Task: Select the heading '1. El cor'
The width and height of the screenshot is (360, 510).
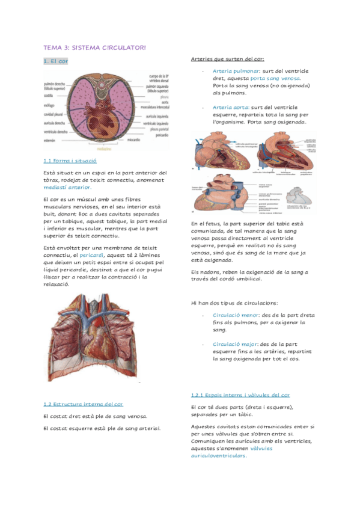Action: (55, 61)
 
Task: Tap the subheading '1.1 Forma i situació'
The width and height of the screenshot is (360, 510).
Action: (70, 161)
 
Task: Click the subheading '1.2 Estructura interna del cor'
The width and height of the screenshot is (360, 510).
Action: (84, 404)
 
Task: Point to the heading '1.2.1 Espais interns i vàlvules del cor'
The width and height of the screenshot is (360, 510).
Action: (240, 395)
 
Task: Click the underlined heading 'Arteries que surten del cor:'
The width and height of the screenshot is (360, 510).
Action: (227, 59)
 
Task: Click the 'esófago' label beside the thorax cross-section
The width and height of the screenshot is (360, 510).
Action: (49, 105)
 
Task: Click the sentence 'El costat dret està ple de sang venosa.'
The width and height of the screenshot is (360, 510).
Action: (96, 416)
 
